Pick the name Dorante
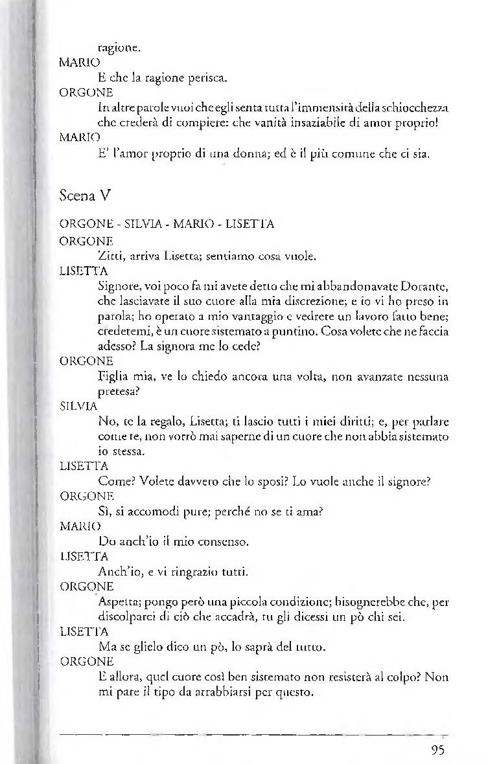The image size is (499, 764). pos(424,287)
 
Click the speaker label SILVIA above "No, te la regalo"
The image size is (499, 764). pos(78,407)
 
